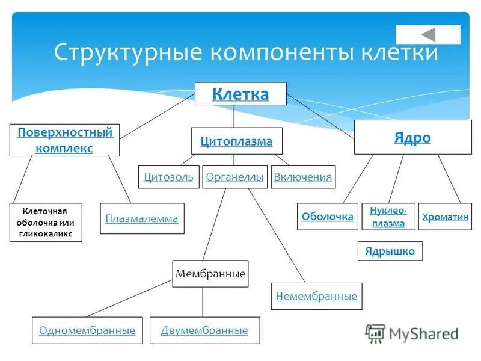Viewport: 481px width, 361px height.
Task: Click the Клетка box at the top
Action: coord(240,94)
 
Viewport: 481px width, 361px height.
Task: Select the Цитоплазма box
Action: coord(236,141)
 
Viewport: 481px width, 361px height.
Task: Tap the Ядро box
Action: coord(412,137)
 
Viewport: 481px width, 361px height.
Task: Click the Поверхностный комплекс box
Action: coord(64,140)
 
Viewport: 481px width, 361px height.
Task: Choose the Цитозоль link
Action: coord(168,177)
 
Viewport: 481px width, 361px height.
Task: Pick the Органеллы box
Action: coord(234,177)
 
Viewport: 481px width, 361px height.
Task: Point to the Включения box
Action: coord(303,177)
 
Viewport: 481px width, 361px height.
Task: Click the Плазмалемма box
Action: coord(142,218)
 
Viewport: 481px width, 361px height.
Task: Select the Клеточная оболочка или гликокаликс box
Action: coord(46,223)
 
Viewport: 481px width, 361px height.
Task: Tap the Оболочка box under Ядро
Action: coord(327,217)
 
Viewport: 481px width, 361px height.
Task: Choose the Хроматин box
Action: coord(445,217)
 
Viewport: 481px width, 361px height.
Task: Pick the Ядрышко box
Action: coord(390,251)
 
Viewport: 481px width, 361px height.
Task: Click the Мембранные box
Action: coord(210,274)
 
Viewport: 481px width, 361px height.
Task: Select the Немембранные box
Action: coord(316,296)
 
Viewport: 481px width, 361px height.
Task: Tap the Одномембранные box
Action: coord(87,330)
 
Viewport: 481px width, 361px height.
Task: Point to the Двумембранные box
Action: coord(204,330)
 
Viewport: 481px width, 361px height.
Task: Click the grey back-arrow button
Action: coord(428,34)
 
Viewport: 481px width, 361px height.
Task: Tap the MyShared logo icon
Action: coord(375,333)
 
